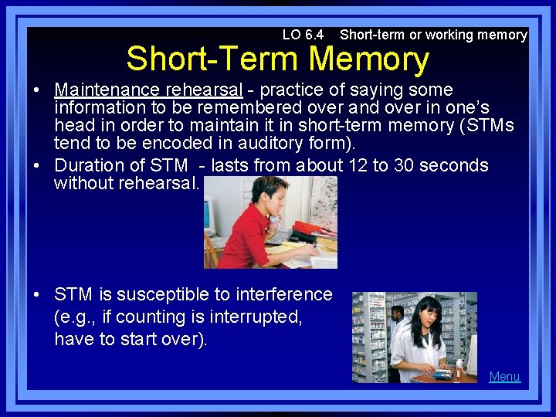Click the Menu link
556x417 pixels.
504,376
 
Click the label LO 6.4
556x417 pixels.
303,35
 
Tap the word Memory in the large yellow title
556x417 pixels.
368,59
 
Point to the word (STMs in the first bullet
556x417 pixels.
483,125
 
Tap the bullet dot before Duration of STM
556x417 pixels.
36,165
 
